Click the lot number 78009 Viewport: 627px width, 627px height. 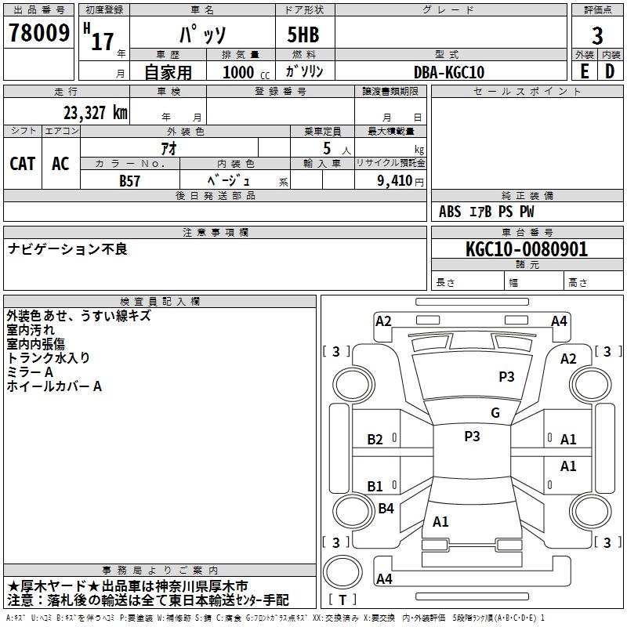click(x=39, y=33)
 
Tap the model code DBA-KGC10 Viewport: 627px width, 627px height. click(x=448, y=72)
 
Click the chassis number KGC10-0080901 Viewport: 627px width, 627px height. click(x=526, y=250)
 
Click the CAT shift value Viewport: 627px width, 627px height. click(x=22, y=164)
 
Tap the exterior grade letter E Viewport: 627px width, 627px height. click(x=584, y=71)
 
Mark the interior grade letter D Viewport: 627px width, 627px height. click(x=610, y=71)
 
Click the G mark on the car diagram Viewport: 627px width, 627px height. click(x=495, y=413)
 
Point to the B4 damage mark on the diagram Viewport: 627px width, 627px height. click(x=386, y=509)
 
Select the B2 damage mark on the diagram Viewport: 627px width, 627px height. click(x=375, y=440)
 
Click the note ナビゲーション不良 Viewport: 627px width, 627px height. click(x=67, y=249)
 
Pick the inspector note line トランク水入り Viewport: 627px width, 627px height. click(x=48, y=357)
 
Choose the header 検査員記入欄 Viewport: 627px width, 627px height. click(x=160, y=302)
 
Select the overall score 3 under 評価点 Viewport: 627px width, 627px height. click(x=597, y=36)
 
